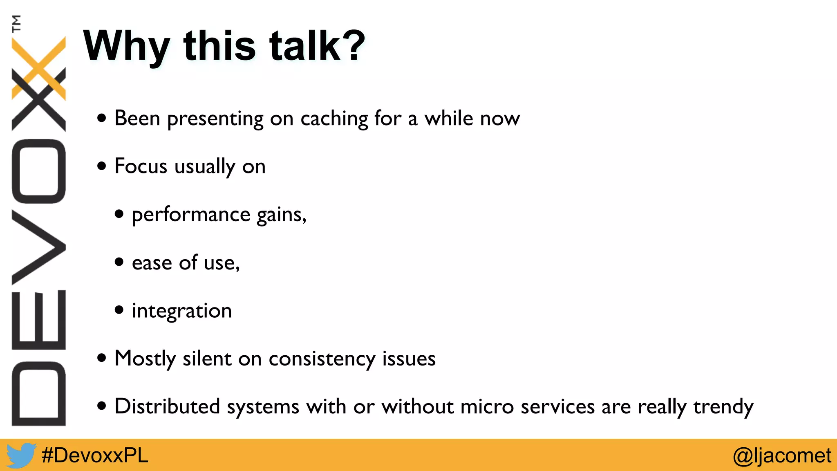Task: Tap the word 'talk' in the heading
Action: click(x=304, y=46)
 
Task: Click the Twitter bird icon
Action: click(x=20, y=455)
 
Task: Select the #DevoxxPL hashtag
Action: click(x=95, y=455)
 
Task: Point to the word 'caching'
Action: click(x=334, y=119)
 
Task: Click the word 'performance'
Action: click(x=191, y=215)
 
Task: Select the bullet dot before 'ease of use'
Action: click(x=119, y=262)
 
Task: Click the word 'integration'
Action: click(x=182, y=311)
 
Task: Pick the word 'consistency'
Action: click(x=322, y=359)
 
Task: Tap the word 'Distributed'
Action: click(x=167, y=406)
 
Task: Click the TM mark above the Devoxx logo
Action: click(x=16, y=23)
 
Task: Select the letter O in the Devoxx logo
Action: click(x=39, y=171)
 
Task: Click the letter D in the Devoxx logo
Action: click(x=39, y=393)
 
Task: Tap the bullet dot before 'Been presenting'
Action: click(x=102, y=119)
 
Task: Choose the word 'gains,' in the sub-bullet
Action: click(x=281, y=215)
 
